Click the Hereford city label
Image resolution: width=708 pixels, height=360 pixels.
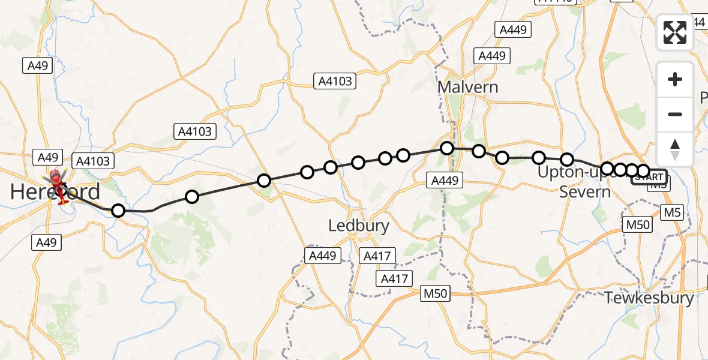pyautogui.click(x=55, y=192)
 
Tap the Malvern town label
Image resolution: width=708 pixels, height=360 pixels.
pyautogui.click(x=467, y=87)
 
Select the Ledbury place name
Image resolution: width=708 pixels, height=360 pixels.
pyautogui.click(x=359, y=226)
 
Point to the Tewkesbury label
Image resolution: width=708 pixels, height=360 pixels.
pyautogui.click(x=649, y=298)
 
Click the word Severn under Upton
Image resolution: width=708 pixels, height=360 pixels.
pyautogui.click(x=584, y=192)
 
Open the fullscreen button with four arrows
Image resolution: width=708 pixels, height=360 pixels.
pyautogui.click(x=675, y=32)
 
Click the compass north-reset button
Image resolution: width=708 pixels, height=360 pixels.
pyautogui.click(x=675, y=149)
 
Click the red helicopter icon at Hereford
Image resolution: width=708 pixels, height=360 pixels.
pyautogui.click(x=59, y=186)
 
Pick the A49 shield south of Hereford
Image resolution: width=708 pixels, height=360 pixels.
pyautogui.click(x=46, y=242)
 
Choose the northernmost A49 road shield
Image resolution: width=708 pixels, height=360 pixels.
pyautogui.click(x=37, y=66)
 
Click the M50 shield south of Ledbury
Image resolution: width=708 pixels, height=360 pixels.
pyautogui.click(x=435, y=293)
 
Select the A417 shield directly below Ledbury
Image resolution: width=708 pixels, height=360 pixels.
pyautogui.click(x=377, y=256)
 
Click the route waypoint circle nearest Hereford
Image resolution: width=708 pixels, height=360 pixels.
pyautogui.click(x=118, y=210)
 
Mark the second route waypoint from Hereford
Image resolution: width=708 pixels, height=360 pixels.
pyautogui.click(x=191, y=196)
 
